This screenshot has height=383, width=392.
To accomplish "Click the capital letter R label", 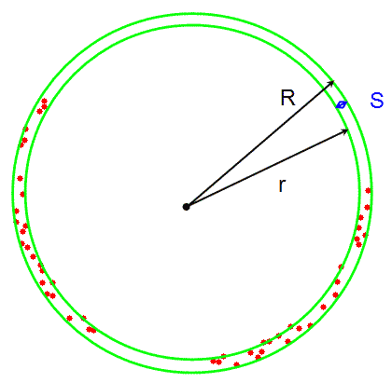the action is click(287, 98).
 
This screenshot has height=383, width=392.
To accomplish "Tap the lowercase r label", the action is click(282, 185).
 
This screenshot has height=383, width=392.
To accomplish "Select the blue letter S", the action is click(377, 100).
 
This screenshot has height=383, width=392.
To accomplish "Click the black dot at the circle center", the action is click(186, 207).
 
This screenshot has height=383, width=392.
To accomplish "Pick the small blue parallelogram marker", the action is click(342, 104).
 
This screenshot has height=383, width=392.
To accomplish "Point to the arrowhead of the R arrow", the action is click(331, 82).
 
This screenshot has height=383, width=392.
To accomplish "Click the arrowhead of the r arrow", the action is click(345, 131).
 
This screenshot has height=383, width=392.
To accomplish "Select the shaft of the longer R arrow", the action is click(260, 144).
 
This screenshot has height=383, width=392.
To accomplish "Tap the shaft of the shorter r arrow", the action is click(267, 168).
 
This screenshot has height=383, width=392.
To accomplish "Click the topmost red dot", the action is click(44, 101).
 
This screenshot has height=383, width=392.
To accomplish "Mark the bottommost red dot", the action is click(236, 364).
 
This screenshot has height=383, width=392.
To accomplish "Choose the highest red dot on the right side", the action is click(368, 190).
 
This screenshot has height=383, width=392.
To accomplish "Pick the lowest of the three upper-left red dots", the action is click(39, 111).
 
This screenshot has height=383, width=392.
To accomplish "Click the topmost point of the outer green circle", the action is click(192, 14).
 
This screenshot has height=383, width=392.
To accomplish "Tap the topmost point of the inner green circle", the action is click(192, 25).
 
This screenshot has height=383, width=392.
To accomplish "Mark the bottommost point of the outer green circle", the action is click(192, 372).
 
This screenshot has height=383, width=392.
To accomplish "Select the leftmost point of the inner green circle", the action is click(25, 192).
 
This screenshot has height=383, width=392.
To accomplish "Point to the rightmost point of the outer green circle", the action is click(371, 193).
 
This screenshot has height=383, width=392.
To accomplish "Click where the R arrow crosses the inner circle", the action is click(324, 89).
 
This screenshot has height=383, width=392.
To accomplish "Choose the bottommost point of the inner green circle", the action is click(192, 360).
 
